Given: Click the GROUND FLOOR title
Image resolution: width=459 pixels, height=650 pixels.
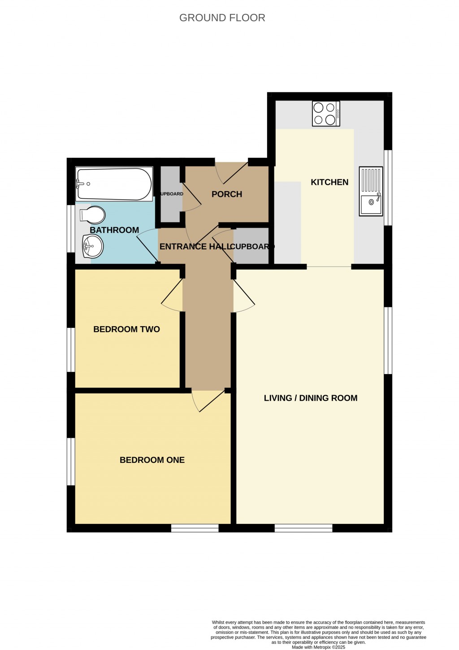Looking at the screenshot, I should [222, 18].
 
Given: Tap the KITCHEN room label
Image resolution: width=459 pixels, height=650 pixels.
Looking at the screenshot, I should [329, 182].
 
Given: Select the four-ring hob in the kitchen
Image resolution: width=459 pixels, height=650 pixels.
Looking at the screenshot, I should [326, 113].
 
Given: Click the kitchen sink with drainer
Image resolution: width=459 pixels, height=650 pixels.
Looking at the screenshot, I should [371, 191].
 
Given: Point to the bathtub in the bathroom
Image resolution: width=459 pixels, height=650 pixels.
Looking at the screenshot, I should [114, 184].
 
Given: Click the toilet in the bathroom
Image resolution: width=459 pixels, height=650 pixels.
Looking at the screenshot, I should [93, 215].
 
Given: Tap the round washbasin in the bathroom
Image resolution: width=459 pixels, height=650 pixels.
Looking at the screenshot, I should [93, 246].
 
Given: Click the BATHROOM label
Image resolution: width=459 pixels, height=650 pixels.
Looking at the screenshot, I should [114, 230].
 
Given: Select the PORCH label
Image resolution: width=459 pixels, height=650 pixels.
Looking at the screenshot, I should [227, 194].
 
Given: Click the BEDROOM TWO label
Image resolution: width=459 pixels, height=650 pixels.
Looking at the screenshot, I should [126, 329].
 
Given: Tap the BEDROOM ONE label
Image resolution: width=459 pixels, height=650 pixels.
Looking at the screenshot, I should [152, 460].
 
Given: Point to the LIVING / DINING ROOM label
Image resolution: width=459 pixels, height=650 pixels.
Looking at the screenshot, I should [311, 398].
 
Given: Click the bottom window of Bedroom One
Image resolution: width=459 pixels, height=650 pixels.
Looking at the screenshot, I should [195, 528].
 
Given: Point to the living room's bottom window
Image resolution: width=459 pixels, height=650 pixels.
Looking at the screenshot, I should [303, 528].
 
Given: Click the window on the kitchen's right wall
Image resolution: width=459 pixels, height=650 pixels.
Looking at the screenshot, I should [388, 188].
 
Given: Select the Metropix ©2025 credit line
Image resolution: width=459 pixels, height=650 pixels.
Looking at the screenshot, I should [318, 647].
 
